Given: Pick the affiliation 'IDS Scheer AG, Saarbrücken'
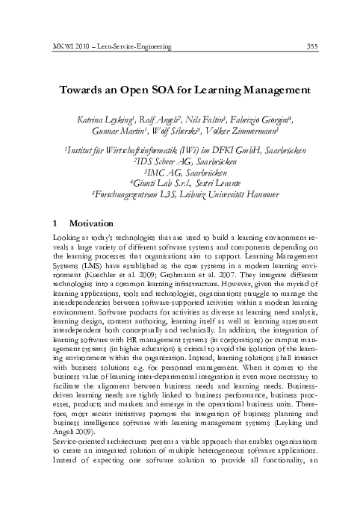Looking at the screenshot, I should [x=181, y=160].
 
